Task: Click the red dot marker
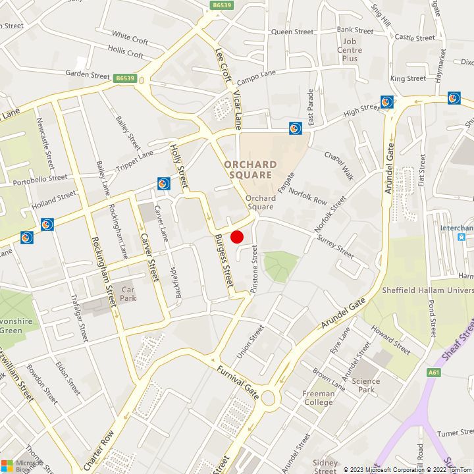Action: coord(237,236)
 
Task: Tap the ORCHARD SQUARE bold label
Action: coord(250,169)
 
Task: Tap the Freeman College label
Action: coord(318,398)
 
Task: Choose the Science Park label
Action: coord(366,385)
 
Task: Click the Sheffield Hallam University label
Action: coord(427,290)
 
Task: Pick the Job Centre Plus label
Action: coord(350,50)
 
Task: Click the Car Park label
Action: coord(128,294)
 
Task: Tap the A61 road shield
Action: coord(433,372)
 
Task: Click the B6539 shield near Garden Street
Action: coord(124,78)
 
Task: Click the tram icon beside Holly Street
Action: coord(164,183)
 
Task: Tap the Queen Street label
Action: coord(292,32)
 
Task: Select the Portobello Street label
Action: coord(40,178)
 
